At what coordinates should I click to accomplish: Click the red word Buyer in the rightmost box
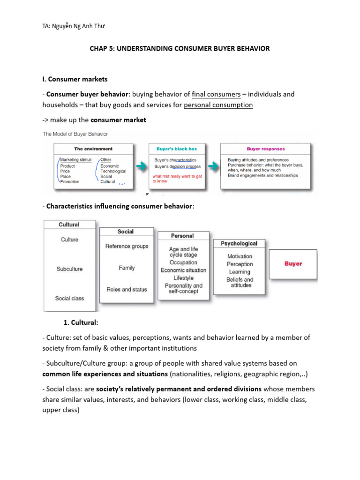(x=293, y=263)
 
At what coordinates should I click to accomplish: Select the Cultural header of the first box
(x=69, y=225)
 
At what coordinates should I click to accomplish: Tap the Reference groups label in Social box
(x=127, y=246)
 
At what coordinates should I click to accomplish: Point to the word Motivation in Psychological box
(x=240, y=256)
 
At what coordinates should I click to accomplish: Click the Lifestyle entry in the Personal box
(x=183, y=278)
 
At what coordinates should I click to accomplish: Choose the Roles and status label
(x=127, y=289)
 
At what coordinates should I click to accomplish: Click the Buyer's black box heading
(x=176, y=149)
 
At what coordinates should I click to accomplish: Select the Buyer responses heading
(x=265, y=149)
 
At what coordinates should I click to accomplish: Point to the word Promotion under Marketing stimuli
(x=70, y=181)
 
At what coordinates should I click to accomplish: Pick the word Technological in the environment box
(x=113, y=171)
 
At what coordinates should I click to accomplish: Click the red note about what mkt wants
(x=178, y=179)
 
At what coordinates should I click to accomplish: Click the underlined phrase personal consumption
(x=218, y=105)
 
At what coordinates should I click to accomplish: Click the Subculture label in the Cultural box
(x=69, y=269)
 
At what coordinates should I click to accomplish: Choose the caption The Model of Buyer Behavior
(x=75, y=134)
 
